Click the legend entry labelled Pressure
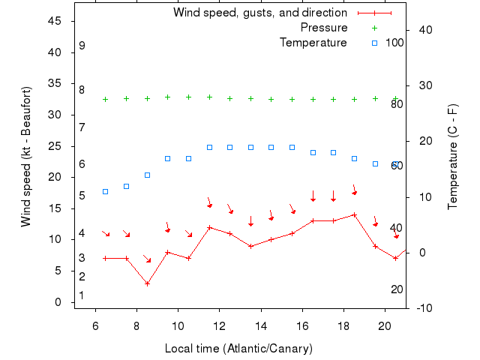click(323, 28)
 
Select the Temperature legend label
click(313, 43)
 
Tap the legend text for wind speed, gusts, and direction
click(259, 13)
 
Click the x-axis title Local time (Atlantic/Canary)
click(238, 349)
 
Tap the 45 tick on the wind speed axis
click(55, 21)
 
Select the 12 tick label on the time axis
click(219, 326)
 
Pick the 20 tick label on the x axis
click(384, 326)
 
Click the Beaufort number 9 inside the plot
click(82, 46)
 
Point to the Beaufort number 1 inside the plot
click(82, 295)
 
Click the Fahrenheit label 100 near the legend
click(394, 43)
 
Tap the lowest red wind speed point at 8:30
click(147, 283)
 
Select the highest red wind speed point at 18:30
click(354, 214)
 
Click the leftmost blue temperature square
click(106, 191)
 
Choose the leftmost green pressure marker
click(106, 99)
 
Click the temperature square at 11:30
click(209, 147)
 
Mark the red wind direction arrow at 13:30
click(250, 221)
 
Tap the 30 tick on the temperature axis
click(421, 85)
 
